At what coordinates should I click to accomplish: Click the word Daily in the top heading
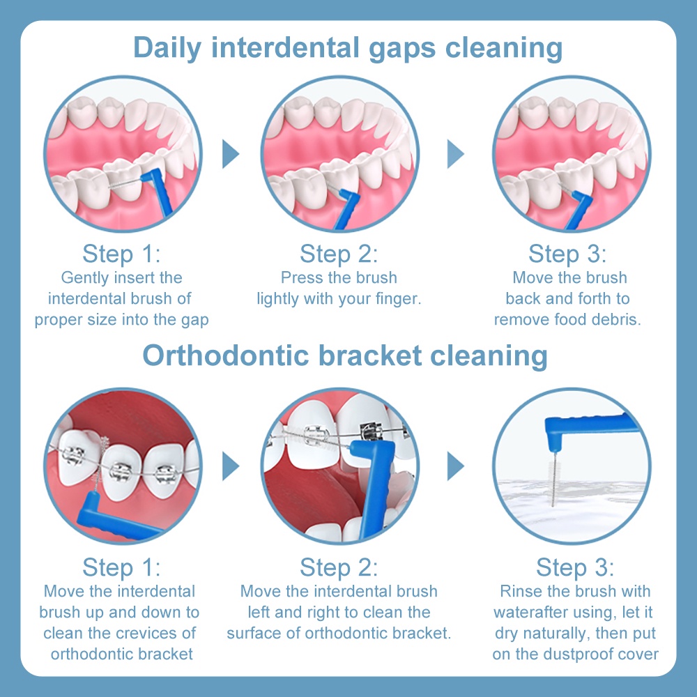[x=167, y=48]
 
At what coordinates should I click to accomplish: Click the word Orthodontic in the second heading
[x=225, y=355]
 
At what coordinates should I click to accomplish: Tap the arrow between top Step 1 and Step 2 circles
[x=230, y=154]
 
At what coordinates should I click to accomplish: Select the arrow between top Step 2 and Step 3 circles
[x=455, y=154]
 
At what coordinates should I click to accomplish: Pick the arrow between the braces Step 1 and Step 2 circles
[x=230, y=466]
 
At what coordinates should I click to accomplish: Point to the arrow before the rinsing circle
[x=455, y=466]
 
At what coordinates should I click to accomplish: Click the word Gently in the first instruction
[x=85, y=279]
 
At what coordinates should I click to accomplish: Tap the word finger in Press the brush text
[x=398, y=299]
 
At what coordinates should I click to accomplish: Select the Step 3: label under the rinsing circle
[x=575, y=567]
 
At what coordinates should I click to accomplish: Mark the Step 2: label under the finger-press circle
[x=339, y=254]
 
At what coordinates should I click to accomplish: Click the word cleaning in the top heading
[x=504, y=48]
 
